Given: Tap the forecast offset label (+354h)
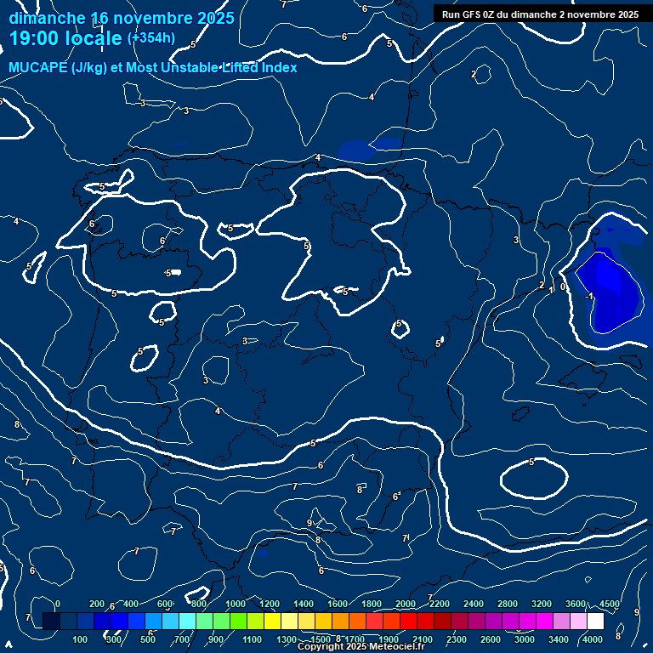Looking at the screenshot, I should point(150,38).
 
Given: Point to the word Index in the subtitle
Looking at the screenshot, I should point(277,68).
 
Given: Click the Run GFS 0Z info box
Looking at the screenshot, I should point(540,14).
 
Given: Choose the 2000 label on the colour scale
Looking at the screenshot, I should point(406,604).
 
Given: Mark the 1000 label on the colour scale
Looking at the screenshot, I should point(236,604).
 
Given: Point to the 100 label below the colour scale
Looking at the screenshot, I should point(81,639).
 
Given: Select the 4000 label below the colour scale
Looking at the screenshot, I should point(593,639).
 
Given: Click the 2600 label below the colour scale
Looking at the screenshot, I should point(491,639).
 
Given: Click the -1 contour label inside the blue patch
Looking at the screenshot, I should point(590,296).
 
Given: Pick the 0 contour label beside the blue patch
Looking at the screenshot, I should point(563,287).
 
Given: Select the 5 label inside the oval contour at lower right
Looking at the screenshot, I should point(531,463).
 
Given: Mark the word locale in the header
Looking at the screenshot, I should point(90,38).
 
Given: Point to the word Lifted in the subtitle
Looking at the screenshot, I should point(239,68).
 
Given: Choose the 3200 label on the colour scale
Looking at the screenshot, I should point(542,604).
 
